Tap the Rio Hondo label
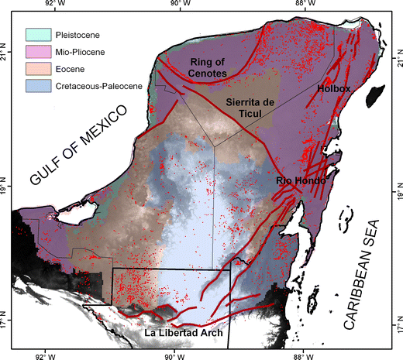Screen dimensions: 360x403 299,180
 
